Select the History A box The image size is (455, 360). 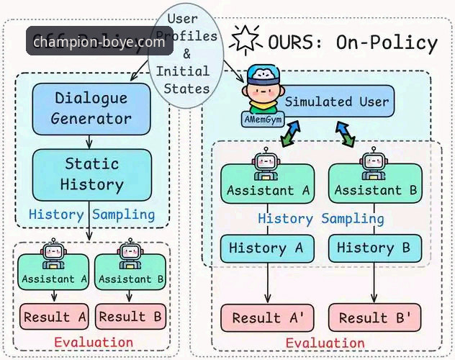[267, 248]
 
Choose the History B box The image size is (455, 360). [374, 248]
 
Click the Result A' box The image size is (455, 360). [267, 318]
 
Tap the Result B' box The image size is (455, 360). [374, 318]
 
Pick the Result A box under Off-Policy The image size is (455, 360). [55, 317]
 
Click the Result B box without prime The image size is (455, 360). [131, 317]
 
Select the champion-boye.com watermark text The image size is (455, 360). [99, 42]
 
